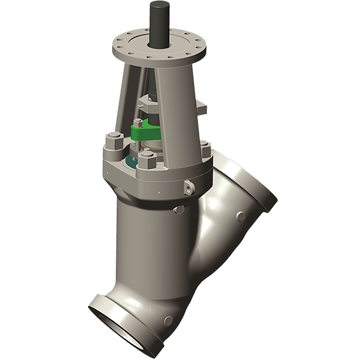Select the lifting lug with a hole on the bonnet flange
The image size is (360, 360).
[188, 186]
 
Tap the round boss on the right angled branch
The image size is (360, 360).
[241, 216]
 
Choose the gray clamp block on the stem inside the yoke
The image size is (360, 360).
[147, 102]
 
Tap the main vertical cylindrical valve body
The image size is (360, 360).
[150, 240]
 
